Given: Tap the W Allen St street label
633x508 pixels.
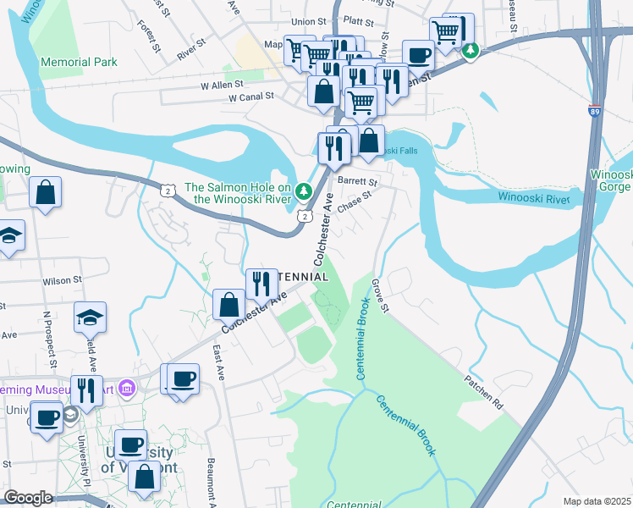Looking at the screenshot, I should click(222, 85).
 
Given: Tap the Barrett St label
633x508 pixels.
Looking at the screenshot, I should click(357, 181).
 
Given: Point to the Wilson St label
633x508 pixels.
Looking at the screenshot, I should click(62, 279).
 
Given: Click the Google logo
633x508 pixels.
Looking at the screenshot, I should click(28, 498).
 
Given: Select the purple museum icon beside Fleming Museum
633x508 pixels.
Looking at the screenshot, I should click(127, 389).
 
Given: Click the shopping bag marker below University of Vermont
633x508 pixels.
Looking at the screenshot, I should click(144, 477).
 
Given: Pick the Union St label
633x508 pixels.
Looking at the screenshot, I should click(308, 21).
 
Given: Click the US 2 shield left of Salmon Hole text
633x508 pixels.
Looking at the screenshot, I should click(168, 191).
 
